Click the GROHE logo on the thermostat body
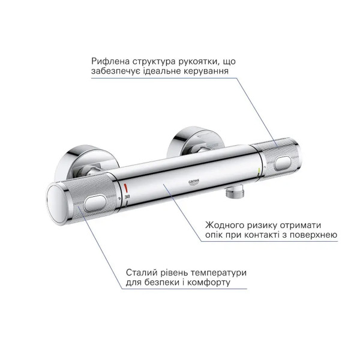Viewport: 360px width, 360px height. tap(194, 182)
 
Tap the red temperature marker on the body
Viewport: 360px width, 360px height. tap(125, 188)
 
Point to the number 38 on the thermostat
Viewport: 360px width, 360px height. tap(127, 197)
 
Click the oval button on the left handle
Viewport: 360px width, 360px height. tap(95, 203)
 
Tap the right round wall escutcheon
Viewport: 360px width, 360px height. tap(195, 140)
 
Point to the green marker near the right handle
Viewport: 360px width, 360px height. tap(259, 171)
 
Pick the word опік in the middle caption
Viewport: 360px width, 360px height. tap(214, 235)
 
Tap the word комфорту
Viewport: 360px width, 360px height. tap(209, 283)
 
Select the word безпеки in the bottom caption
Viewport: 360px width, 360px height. tap(161, 283)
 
